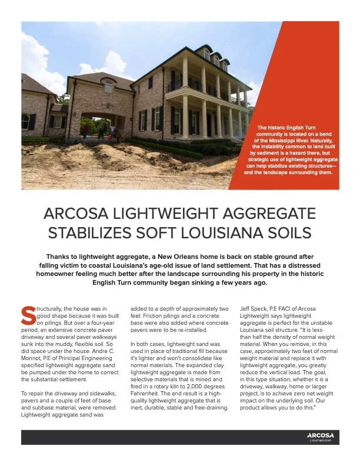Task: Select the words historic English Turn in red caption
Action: point(294,127)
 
